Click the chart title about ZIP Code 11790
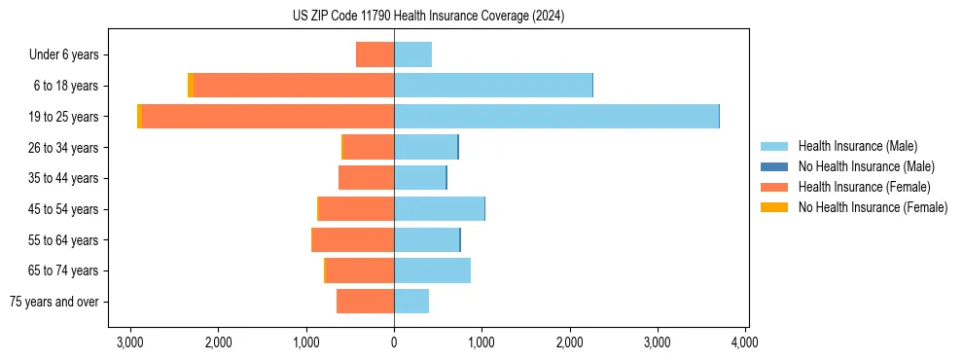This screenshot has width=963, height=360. [428, 17]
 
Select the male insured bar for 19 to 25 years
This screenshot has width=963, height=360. [556, 116]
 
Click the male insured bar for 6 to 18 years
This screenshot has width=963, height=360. [493, 86]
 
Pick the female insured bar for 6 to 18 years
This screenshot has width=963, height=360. [294, 86]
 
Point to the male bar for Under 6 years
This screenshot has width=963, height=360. [412, 54]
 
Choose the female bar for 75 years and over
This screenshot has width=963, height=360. [365, 302]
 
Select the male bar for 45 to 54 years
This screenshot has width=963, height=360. [439, 209]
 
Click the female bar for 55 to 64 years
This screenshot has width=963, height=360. [352, 239]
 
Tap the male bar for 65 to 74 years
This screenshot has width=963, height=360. [432, 270]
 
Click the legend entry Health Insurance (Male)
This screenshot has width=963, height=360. [857, 146]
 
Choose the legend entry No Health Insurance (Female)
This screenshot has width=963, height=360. [873, 207]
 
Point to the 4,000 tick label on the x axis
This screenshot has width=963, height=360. [745, 342]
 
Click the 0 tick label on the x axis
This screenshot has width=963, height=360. [394, 342]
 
